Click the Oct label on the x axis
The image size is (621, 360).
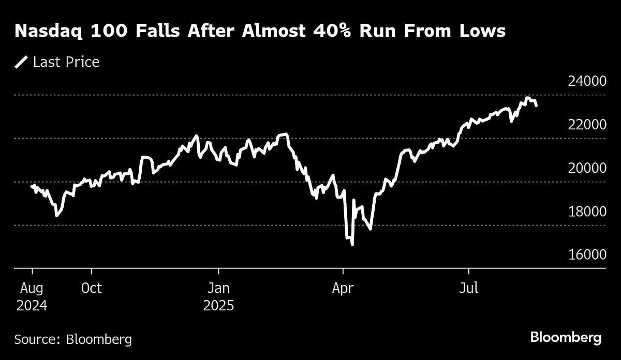coord(91,288)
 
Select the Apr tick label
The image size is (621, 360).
coord(343,288)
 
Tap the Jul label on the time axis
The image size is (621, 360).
coord(469,288)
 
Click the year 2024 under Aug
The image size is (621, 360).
coord(32,306)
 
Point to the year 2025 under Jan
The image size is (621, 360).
coord(218,306)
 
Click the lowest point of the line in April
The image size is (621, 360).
coord(352,244)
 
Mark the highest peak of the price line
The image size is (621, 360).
coord(527,98)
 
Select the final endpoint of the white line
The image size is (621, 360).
coord(536,106)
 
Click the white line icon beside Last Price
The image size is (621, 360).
coord(21,63)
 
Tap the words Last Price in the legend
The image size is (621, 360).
coord(66,63)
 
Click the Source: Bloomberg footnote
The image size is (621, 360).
coord(73,339)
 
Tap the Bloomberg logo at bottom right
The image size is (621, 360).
coord(566,338)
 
